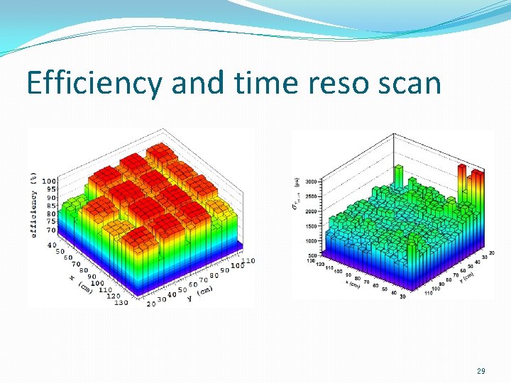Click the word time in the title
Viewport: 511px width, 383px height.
pos(268,84)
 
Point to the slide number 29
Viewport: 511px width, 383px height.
pos(480,371)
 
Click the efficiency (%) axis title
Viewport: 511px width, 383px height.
pos(33,204)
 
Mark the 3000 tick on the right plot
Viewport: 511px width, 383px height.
pos(312,182)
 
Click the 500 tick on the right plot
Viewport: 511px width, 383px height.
pos(313,255)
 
